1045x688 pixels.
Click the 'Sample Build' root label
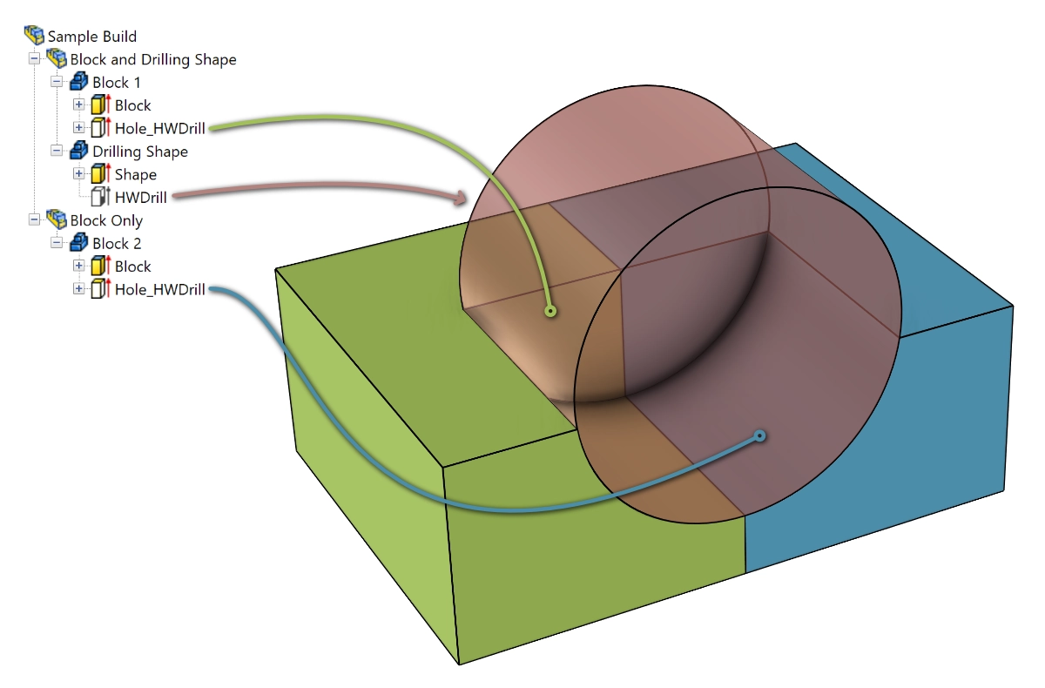click(92, 37)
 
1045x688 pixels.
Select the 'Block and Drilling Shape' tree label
click(153, 60)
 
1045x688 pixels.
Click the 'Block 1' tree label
click(116, 83)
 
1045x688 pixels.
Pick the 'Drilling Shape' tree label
click(140, 152)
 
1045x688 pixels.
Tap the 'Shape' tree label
click(135, 174)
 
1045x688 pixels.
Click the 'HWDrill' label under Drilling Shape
click(140, 198)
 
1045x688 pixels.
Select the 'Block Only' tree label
click(106, 220)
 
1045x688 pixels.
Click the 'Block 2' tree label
click(117, 244)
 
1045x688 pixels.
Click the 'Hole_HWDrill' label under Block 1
click(159, 128)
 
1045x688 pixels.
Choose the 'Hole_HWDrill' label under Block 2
click(159, 289)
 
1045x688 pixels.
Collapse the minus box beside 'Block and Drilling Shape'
click(34, 58)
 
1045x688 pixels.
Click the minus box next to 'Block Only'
click(34, 219)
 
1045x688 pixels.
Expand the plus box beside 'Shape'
click(79, 173)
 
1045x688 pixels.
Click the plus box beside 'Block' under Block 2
click(79, 266)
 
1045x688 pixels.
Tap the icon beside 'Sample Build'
click(34, 35)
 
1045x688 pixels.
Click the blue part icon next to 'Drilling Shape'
click(79, 150)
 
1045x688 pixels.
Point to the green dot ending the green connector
click(550, 311)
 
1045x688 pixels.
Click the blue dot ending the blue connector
click(760, 436)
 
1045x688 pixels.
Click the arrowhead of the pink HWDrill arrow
click(460, 198)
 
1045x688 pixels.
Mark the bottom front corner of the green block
click(459, 664)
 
